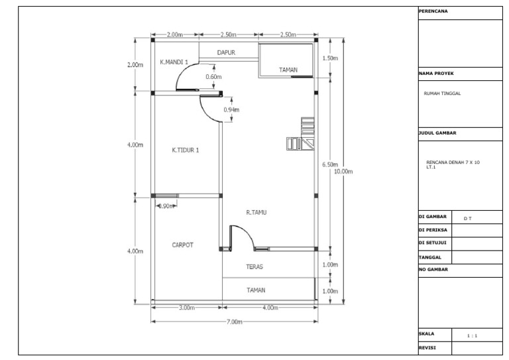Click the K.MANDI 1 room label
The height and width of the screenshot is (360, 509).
tap(174, 62)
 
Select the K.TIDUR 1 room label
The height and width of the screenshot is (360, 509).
tap(186, 150)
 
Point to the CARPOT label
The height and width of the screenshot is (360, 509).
tap(183, 245)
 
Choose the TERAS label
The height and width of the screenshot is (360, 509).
tap(255, 267)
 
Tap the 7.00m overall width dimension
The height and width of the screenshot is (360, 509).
tap(234, 322)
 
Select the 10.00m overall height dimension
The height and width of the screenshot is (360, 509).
tap(343, 172)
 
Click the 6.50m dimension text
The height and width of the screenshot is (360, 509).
tap(329, 164)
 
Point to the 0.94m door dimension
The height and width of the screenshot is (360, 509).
tap(231, 109)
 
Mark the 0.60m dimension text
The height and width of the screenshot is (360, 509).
tap(213, 77)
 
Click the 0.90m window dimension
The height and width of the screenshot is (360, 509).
tap(166, 206)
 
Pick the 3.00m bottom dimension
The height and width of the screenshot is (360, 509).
tap(187, 308)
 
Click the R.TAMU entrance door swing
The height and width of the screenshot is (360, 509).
tap(239, 237)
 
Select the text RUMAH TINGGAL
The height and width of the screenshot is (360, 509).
tap(442, 93)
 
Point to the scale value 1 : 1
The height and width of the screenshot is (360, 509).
tap(473, 336)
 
